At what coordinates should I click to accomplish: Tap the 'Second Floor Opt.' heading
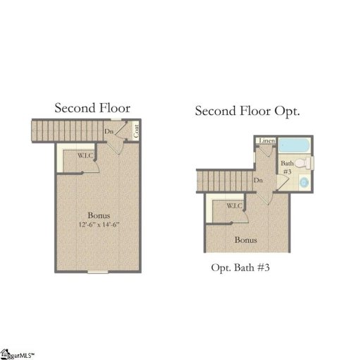click(247, 112)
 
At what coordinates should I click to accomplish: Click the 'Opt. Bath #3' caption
click(241, 268)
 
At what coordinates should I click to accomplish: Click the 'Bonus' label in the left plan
click(99, 215)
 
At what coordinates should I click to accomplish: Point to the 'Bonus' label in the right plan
click(246, 240)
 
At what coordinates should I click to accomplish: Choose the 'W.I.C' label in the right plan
click(235, 205)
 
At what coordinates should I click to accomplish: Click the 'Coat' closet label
click(135, 131)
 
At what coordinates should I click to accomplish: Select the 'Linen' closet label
click(267, 141)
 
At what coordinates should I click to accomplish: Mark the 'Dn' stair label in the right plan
click(259, 181)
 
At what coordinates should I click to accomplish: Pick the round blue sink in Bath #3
click(304, 183)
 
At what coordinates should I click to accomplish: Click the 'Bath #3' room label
click(286, 167)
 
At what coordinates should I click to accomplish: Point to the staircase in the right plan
click(222, 181)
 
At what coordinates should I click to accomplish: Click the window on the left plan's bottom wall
click(98, 271)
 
